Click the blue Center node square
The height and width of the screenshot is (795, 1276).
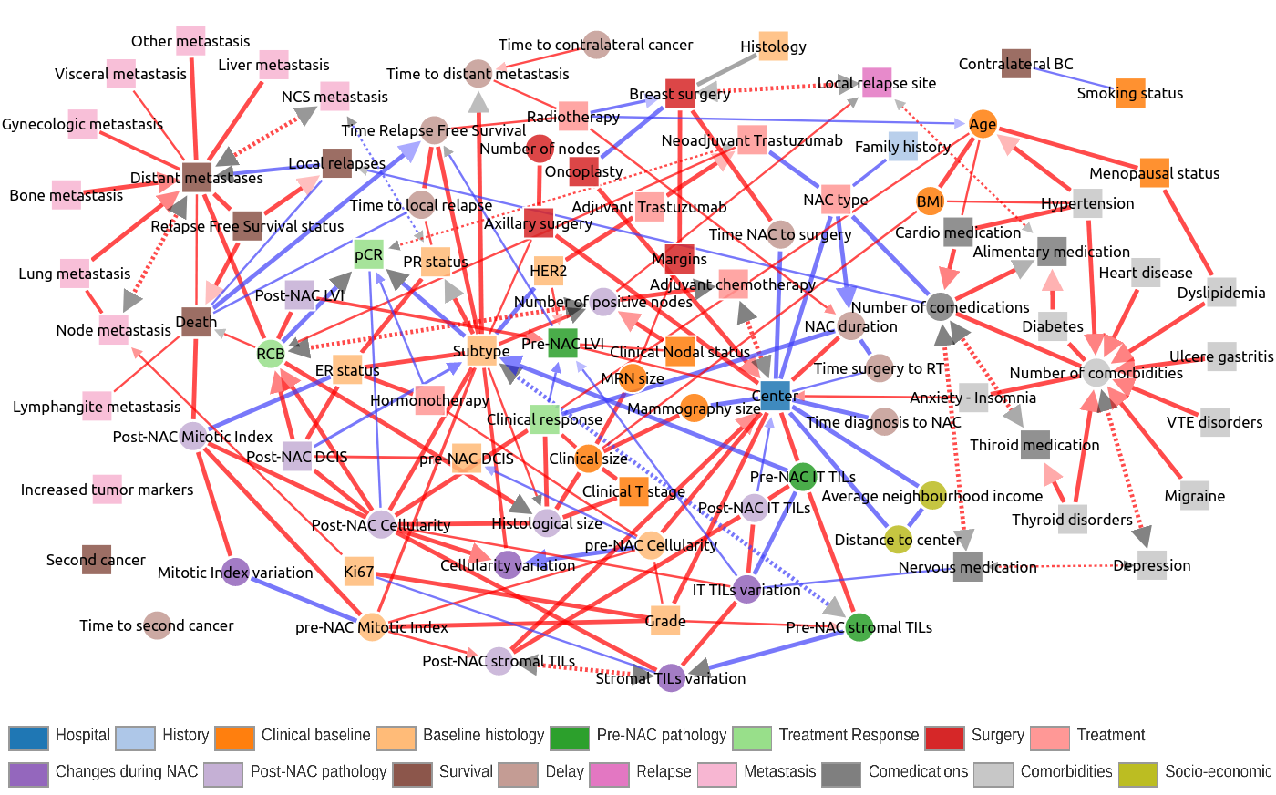tap(775, 396)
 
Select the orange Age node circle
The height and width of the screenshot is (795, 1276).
tap(983, 125)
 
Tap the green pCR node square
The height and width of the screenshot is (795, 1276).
tap(369, 255)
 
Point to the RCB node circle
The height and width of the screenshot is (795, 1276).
tap(271, 354)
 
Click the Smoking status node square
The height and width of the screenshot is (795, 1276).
tap(1130, 93)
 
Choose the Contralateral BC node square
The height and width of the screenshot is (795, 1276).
tap(1015, 64)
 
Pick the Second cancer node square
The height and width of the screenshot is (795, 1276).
tap(96, 560)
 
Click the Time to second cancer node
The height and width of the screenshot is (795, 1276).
tap(157, 625)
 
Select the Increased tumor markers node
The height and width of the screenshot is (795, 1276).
tap(108, 490)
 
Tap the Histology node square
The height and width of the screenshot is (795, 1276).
tap(773, 46)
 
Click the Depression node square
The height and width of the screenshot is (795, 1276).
tap(1152, 565)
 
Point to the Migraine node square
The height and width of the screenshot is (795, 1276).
tap(1194, 496)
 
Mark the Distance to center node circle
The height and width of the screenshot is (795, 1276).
tap(898, 540)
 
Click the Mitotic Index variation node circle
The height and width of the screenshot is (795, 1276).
tap(235, 573)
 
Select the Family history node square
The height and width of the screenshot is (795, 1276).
tap(902, 147)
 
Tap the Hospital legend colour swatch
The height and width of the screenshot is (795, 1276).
tap(27, 738)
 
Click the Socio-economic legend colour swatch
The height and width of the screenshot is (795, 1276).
tap(1137, 774)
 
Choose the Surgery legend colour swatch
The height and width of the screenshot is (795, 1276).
tap(944, 738)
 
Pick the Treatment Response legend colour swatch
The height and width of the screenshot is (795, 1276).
tap(752, 738)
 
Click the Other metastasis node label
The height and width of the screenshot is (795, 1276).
tap(190, 41)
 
